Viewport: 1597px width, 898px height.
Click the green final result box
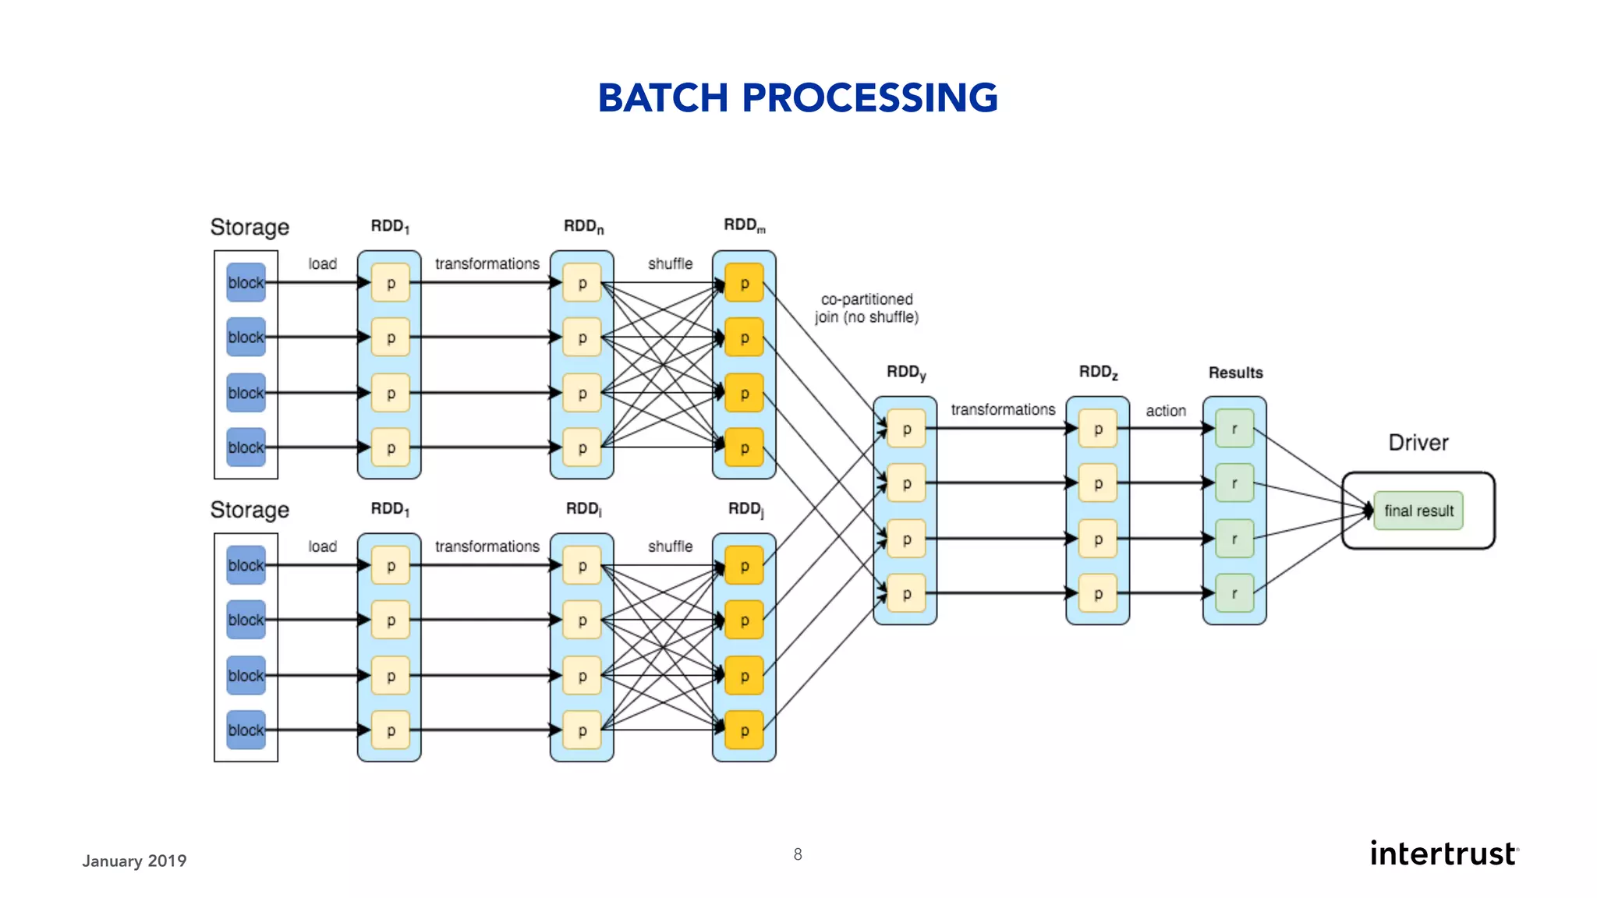(1418, 511)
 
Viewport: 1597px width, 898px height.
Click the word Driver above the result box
(1418, 443)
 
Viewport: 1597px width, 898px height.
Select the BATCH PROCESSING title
(798, 98)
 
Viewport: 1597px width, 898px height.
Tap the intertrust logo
(1444, 854)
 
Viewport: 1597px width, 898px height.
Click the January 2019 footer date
(134, 861)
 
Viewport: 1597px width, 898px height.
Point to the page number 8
(798, 854)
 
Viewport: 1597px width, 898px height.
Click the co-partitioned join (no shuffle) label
(866, 308)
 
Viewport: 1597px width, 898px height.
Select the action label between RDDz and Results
(1165, 411)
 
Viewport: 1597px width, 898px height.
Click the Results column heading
(1235, 373)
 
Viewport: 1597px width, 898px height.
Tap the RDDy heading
(905, 373)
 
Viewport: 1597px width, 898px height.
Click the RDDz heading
(1097, 373)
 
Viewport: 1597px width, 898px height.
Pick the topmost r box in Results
(1234, 429)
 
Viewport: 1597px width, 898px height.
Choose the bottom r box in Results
(1234, 593)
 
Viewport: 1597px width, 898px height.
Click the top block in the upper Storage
(246, 283)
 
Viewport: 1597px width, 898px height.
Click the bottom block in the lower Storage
(246, 730)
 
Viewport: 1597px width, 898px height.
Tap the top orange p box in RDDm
(744, 283)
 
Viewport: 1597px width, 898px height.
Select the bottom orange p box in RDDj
(744, 730)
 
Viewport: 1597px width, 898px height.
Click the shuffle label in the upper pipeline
(670, 264)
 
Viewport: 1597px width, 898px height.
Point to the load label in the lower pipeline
(322, 546)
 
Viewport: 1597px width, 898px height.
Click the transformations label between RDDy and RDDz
(1003, 410)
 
